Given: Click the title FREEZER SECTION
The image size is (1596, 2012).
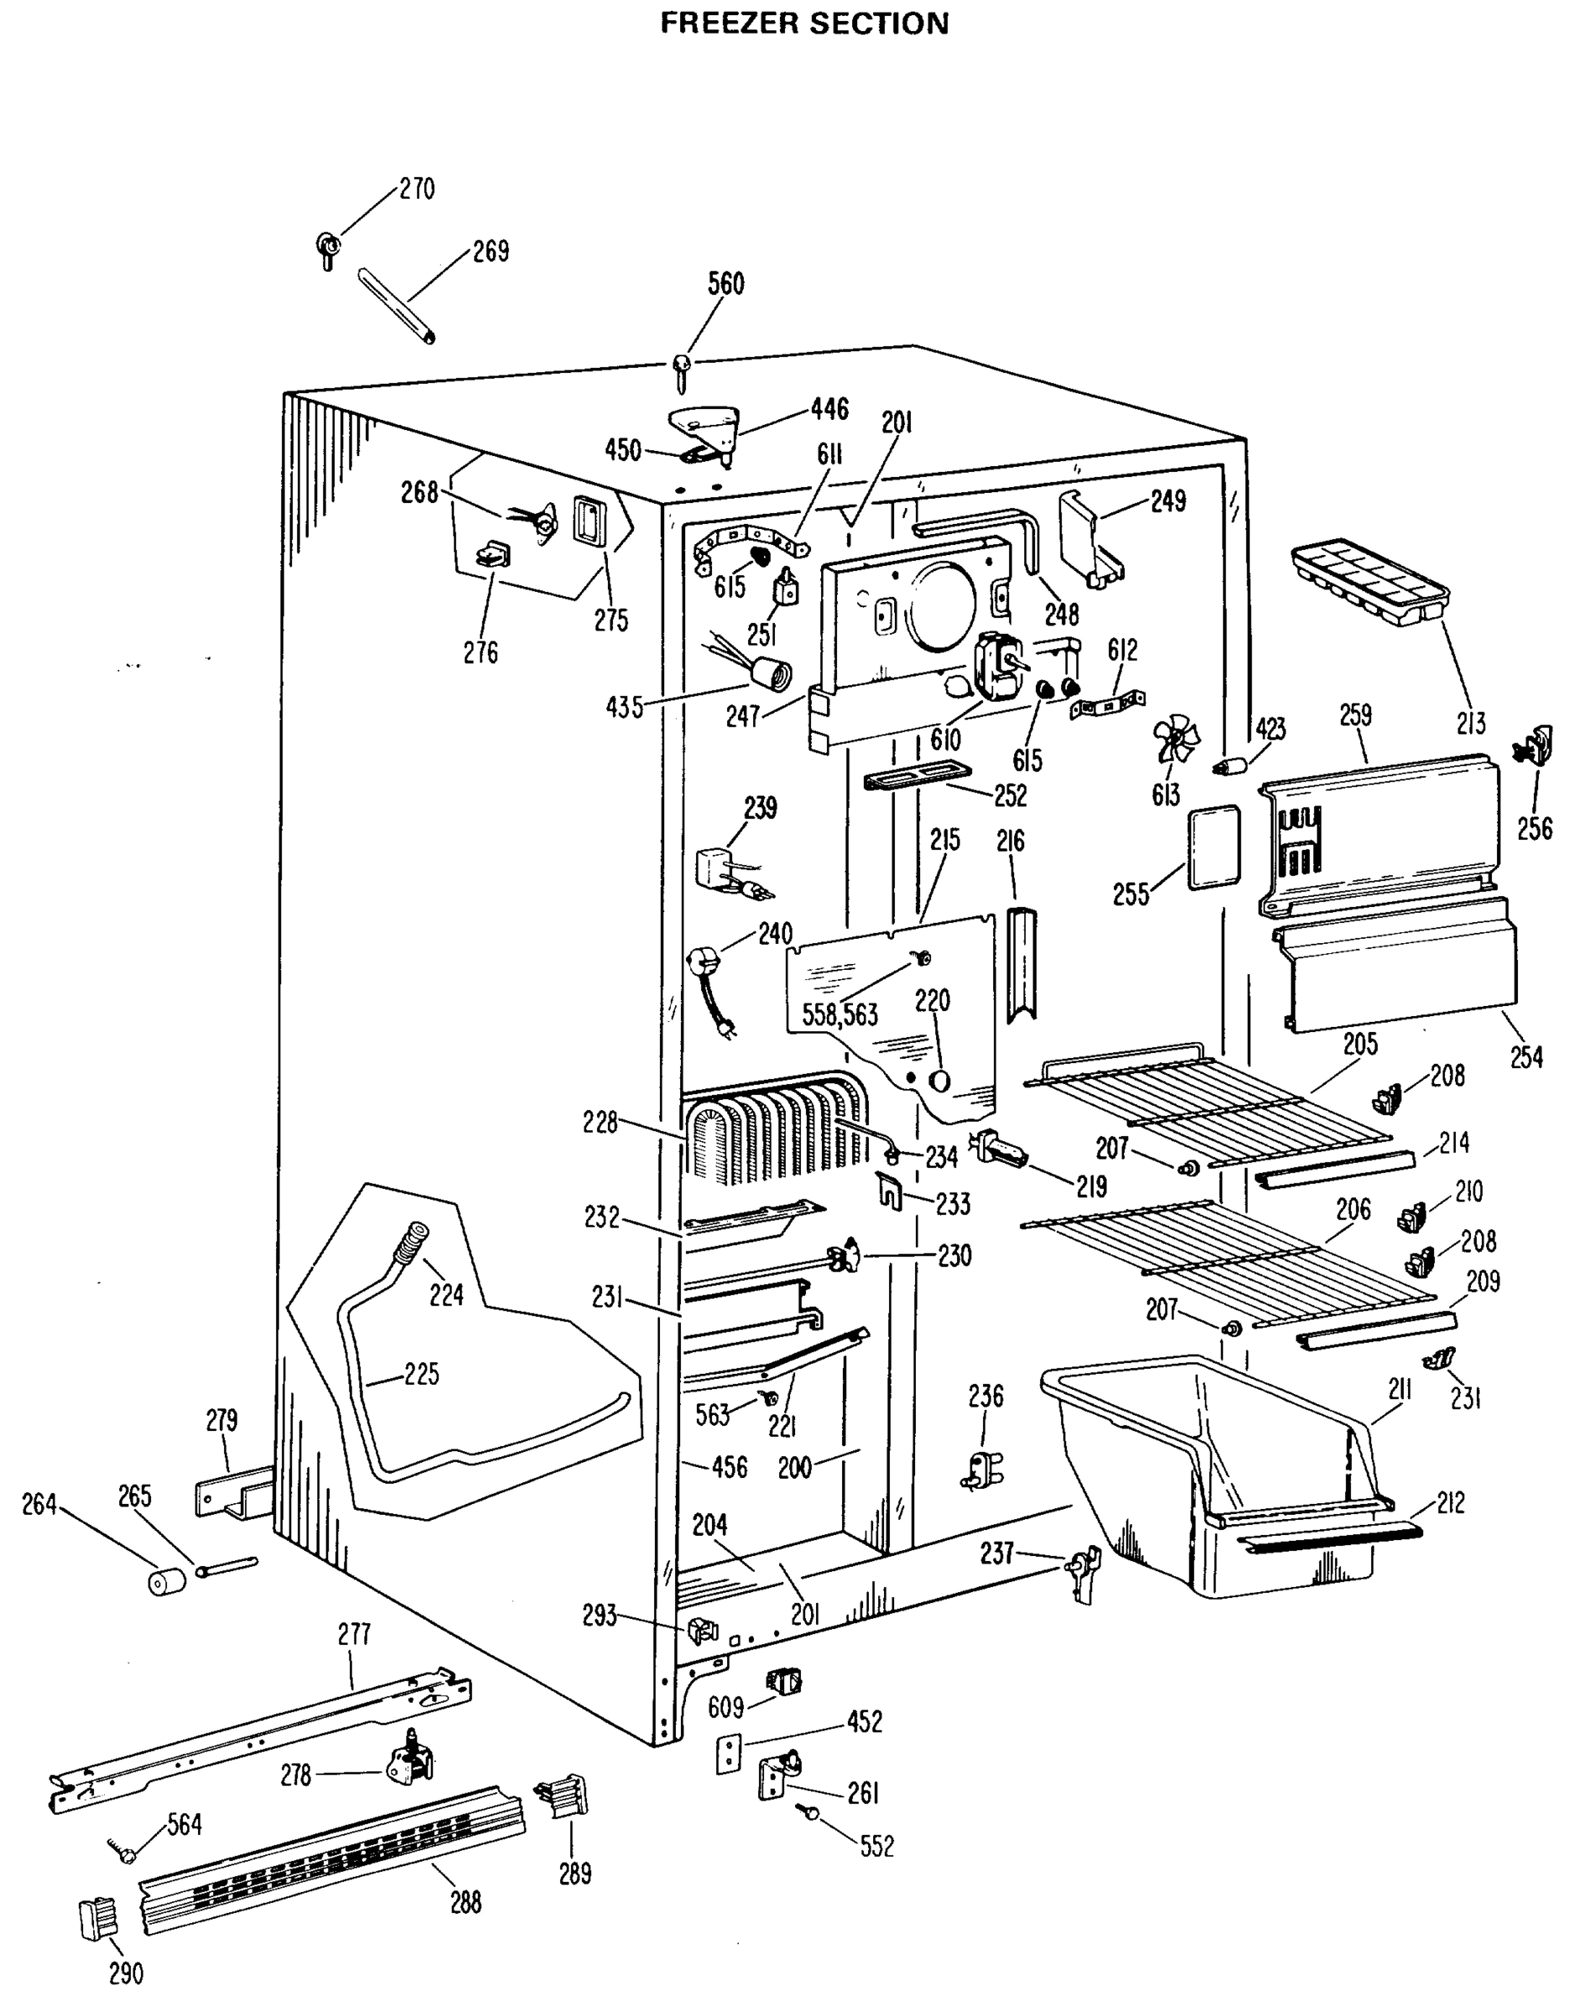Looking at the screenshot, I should click(803, 23).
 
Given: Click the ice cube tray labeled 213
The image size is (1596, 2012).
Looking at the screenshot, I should click(1367, 580).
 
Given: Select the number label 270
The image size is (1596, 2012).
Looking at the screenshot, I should click(416, 189).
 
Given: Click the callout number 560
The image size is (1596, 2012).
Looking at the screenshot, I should click(725, 283).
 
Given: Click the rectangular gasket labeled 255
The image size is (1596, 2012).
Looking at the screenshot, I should click(1214, 847).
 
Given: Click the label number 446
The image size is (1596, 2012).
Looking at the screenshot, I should click(829, 407).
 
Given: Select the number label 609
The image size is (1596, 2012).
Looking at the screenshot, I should click(725, 1708).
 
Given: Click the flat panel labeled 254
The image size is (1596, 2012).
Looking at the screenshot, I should click(1400, 965).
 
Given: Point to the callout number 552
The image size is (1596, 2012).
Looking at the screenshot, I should click(876, 1846).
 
